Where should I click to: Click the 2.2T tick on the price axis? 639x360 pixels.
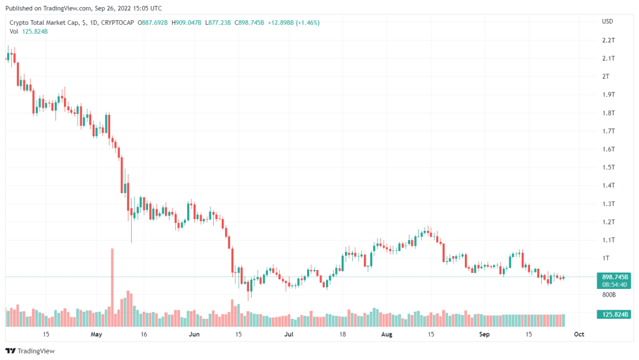pos(608,40)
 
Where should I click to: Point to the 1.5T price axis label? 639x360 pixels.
pos(608,168)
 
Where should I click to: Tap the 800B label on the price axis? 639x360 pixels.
pos(609,295)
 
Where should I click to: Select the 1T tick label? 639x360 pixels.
pos(606,258)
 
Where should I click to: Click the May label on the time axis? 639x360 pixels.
pos(97,335)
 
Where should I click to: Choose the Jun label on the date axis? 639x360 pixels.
pos(194,335)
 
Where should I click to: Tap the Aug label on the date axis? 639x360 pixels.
pos(387,335)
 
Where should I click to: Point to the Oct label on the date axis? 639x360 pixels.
pos(578,335)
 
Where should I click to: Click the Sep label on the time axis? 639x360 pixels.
pos(483,335)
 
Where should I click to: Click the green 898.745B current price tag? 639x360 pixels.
pos(614,277)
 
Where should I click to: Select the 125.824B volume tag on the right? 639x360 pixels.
pos(614,315)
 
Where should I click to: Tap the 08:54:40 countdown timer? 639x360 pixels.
pos(614,284)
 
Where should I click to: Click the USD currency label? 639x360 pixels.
pos(607,22)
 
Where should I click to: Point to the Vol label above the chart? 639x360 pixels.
pos(14,31)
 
